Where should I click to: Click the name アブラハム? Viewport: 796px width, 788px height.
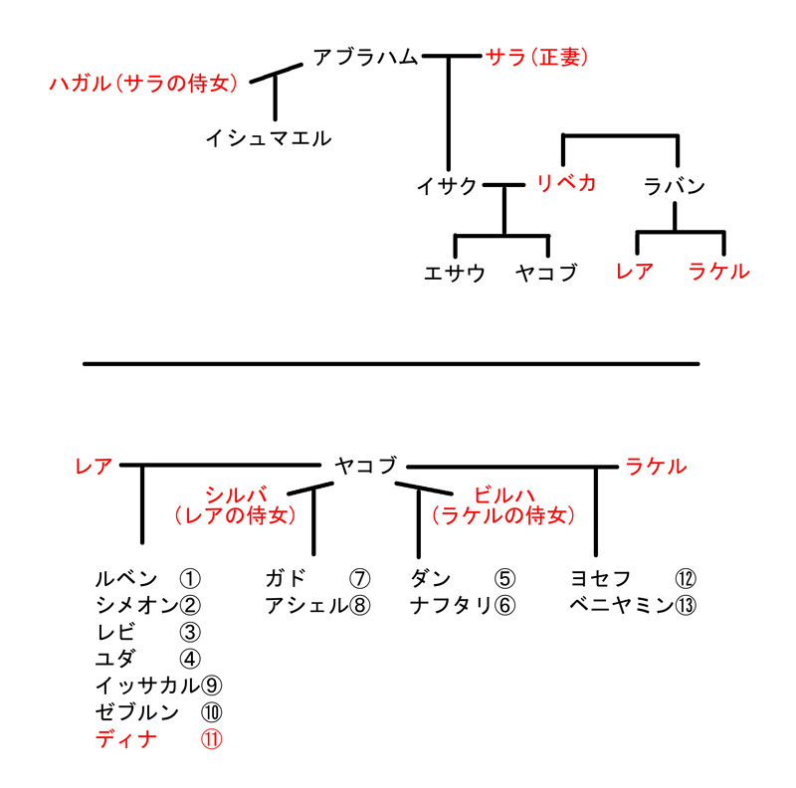tap(365, 57)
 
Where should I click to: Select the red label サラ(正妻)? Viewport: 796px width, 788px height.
tap(536, 57)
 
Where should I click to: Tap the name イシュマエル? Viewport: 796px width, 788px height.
tap(269, 138)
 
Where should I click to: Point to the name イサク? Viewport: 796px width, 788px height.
tap(447, 186)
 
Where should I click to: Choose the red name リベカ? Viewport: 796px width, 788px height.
tap(566, 183)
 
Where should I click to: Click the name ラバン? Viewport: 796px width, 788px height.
tap(675, 186)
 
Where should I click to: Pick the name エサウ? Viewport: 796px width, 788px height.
tap(455, 274)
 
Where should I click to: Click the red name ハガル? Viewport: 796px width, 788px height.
tap(80, 83)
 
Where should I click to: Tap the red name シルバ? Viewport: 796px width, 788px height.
tap(236, 494)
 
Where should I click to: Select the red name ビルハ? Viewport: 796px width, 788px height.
tap(504, 494)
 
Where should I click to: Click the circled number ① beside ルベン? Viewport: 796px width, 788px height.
tap(190, 578)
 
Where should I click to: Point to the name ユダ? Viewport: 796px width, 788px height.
tap(115, 659)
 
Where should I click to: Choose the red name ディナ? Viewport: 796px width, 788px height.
tap(126, 739)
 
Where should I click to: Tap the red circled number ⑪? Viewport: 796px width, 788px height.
tap(211, 739)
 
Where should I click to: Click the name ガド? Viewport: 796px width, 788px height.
tap(286, 578)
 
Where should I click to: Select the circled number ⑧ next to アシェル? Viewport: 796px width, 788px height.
tap(359, 605)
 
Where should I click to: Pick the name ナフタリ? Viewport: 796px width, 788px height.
tap(452, 605)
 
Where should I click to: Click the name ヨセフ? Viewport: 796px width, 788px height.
tap(601, 578)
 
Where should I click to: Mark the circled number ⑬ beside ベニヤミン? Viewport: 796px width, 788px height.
tap(686, 605)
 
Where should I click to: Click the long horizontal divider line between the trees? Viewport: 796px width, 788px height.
tap(391, 364)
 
